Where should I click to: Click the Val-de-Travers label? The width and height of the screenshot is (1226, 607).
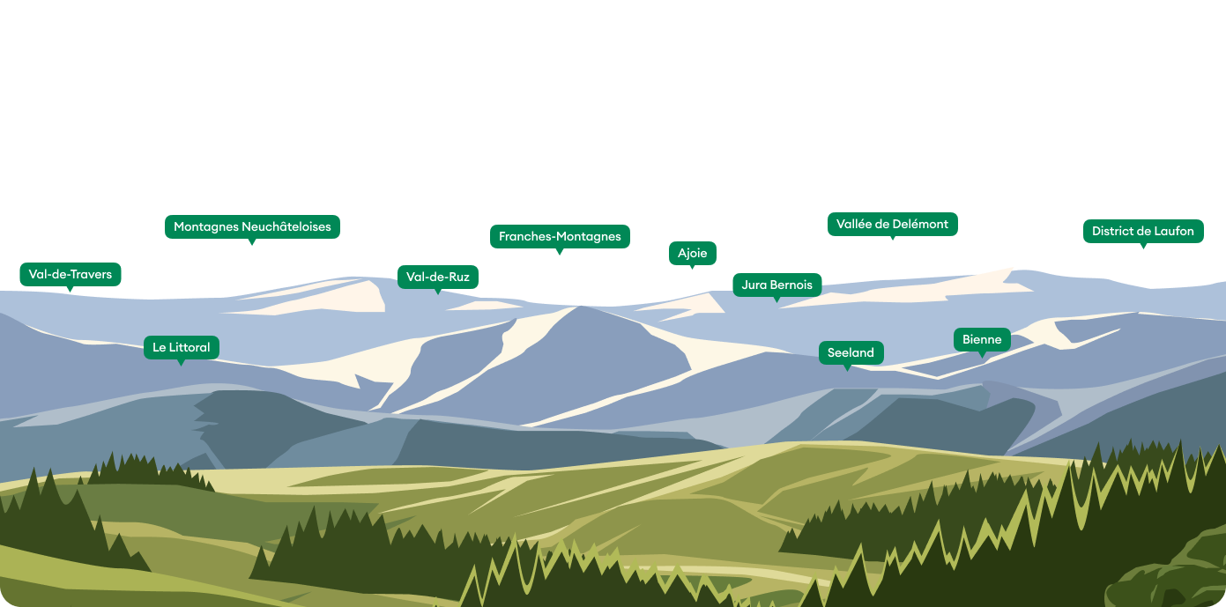tap(71, 274)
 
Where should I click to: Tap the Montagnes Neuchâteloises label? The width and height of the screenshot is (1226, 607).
tap(252, 226)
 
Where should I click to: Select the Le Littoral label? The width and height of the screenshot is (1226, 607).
tap(182, 347)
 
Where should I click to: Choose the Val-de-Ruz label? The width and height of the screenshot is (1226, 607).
tap(438, 277)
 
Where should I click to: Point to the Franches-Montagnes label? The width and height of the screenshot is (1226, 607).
tap(560, 236)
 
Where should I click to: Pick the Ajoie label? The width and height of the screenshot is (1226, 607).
tap(693, 253)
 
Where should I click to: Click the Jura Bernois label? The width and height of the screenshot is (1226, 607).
tap(777, 285)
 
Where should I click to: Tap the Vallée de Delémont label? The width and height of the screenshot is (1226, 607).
tap(892, 224)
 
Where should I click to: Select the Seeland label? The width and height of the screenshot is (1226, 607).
tap(851, 352)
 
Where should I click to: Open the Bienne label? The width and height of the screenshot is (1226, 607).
tap(982, 339)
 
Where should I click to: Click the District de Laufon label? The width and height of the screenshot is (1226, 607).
tap(1142, 231)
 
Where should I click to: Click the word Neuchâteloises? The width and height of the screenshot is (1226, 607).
tap(286, 226)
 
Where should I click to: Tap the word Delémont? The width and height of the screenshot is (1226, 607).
tap(919, 224)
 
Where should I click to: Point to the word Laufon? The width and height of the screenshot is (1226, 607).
tap(1172, 231)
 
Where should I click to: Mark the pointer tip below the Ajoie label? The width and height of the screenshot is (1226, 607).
tap(693, 267)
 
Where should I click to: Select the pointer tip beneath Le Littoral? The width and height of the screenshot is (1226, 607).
tap(182, 364)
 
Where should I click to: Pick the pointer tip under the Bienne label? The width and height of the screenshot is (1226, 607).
tap(982, 357)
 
